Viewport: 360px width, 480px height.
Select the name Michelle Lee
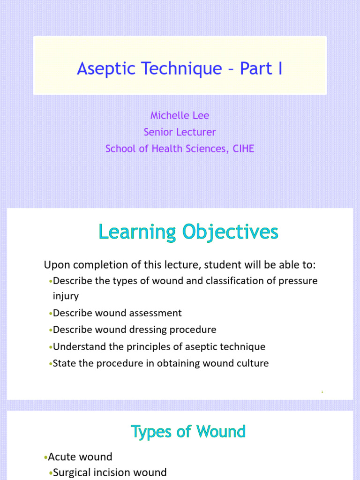tap(180, 115)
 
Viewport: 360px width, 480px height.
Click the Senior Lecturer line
tap(180, 132)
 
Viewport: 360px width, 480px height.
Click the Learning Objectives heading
tap(188, 232)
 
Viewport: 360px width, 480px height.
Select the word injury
tap(66, 296)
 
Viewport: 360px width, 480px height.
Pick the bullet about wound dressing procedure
tap(135, 330)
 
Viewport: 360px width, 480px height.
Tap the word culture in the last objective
tap(253, 363)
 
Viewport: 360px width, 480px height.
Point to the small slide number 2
tap(322, 391)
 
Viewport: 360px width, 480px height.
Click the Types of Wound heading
tap(188, 431)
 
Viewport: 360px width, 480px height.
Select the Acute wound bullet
tap(80, 457)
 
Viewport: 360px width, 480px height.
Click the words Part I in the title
tap(261, 68)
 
